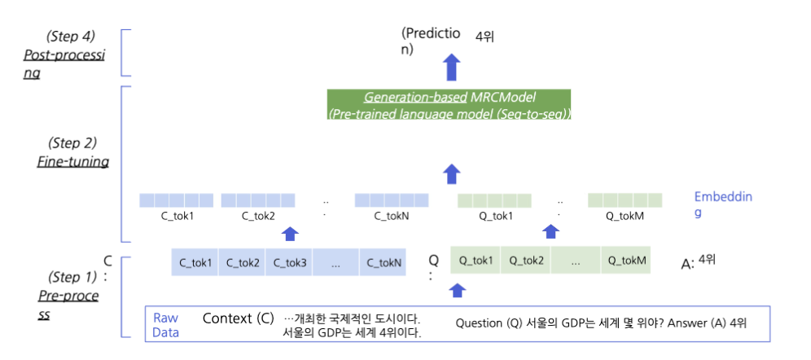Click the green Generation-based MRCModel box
click(449, 105)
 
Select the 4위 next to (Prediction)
click(486, 36)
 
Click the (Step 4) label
click(71, 36)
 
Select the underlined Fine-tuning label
click(72, 161)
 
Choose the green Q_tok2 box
click(526, 261)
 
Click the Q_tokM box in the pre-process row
click(625, 261)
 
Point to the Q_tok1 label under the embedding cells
click(496, 217)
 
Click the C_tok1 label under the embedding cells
click(175, 217)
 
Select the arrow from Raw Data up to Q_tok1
click(458, 289)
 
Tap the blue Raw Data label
click(166, 324)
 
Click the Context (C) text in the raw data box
click(238, 318)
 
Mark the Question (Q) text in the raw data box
click(488, 323)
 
